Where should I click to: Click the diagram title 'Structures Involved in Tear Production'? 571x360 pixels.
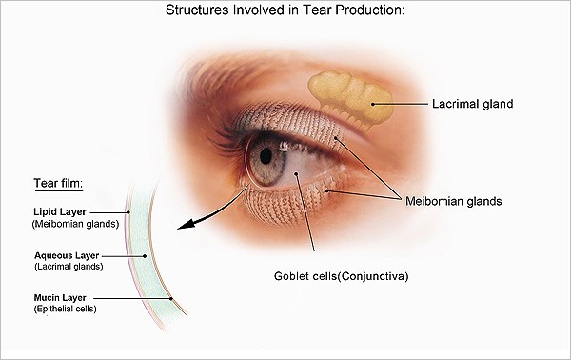285,10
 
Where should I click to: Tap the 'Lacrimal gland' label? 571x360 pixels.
473,104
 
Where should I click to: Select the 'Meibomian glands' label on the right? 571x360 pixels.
454,201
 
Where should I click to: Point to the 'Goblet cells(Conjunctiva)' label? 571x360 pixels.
342,276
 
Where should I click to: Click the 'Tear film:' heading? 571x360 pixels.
58,183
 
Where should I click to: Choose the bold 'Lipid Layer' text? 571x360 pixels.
60,211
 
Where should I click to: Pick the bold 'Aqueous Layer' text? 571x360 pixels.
67,255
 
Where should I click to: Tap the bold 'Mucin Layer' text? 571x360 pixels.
60,298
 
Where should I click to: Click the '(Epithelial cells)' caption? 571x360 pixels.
65,309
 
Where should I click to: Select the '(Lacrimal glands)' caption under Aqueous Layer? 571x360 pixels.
69,267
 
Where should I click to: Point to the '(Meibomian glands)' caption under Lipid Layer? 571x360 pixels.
76,224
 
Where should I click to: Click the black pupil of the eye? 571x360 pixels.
266,156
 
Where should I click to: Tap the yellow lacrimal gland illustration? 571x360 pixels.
350,99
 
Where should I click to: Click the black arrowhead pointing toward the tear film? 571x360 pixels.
186,225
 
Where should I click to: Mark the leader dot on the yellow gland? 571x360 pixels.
373,104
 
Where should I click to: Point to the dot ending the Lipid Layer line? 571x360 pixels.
128,212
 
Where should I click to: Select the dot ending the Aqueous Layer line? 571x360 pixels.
145,256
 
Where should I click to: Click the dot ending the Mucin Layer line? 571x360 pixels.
171,298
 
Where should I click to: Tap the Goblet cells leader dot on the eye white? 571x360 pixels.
296,174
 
